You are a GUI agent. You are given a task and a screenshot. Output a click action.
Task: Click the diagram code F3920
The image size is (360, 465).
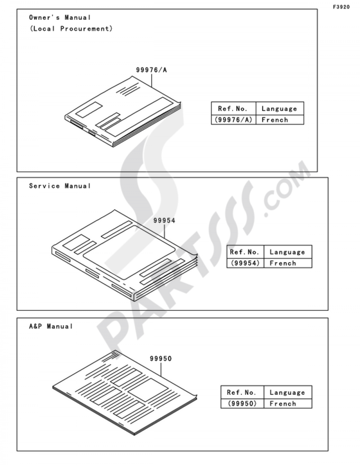341,7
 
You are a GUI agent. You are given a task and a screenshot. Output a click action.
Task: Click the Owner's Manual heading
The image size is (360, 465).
60,17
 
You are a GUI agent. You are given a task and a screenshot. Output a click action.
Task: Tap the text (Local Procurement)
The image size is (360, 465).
71,28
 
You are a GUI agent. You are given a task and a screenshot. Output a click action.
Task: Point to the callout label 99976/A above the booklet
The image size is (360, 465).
151,70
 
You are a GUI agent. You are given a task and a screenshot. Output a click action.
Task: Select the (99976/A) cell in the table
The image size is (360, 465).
233,120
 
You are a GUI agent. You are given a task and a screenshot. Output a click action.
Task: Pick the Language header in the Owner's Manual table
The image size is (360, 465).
279,109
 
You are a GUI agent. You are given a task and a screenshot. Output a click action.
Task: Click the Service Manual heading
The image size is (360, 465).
60,186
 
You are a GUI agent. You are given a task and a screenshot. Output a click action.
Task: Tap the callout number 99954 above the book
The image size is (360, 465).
164,220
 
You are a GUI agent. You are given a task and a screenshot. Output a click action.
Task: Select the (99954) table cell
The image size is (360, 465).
245,263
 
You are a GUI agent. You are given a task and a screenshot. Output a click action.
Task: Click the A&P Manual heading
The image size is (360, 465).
51,326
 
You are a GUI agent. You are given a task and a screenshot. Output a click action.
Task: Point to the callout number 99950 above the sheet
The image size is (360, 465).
161,358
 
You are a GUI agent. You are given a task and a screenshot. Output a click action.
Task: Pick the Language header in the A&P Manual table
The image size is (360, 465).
287,392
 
